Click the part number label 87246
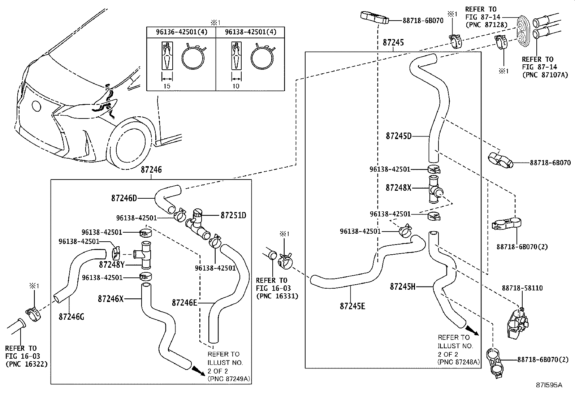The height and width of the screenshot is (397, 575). pyautogui.click(x=151, y=170)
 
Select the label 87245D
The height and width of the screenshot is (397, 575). pyautogui.click(x=398, y=136)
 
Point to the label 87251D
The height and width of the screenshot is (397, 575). pyautogui.click(x=233, y=215)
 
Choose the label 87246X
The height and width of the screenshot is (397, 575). pyautogui.click(x=111, y=299)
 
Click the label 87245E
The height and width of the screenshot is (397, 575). pyautogui.click(x=352, y=306)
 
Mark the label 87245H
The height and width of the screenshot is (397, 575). pyautogui.click(x=402, y=287)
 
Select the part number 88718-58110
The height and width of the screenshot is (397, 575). pyautogui.click(x=522, y=288)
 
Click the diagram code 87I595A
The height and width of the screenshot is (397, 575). pyautogui.click(x=549, y=385)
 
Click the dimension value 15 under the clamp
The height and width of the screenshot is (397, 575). pyautogui.click(x=167, y=86)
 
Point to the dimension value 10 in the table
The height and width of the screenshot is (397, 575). pyautogui.click(x=235, y=86)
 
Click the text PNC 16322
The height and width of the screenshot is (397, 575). pyautogui.click(x=26, y=364)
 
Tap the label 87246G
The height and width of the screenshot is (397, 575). pyautogui.click(x=71, y=316)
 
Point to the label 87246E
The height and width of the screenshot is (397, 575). pyautogui.click(x=184, y=302)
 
